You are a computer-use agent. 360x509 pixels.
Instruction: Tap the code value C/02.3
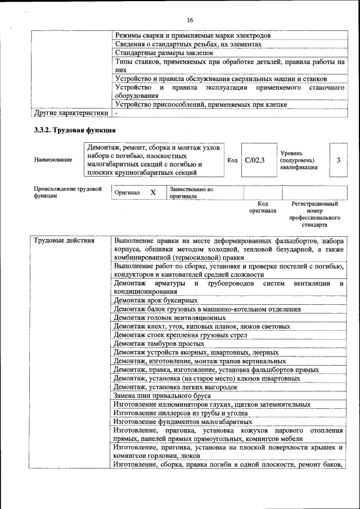(x=255, y=160)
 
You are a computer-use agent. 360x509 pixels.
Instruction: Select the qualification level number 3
(x=338, y=160)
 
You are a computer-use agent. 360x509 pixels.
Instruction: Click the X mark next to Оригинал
(x=153, y=192)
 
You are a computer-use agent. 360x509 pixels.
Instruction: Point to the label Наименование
(x=53, y=160)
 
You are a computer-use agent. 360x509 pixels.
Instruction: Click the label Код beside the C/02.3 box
(x=232, y=160)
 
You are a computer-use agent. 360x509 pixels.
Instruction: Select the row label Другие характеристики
(x=71, y=113)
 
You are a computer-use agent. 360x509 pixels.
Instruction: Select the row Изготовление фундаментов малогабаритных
(x=182, y=421)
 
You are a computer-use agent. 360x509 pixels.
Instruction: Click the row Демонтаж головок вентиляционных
(x=161, y=318)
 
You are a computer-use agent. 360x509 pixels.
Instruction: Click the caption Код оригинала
(x=263, y=207)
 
